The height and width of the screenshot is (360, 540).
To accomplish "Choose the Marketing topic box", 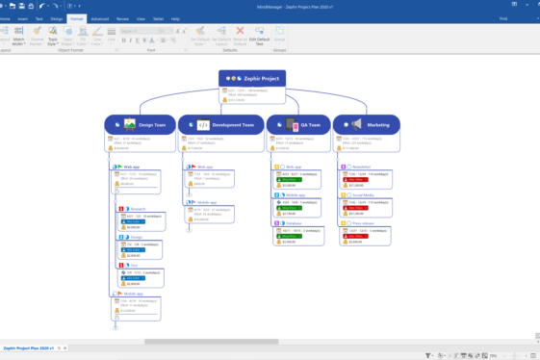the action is click(367, 124).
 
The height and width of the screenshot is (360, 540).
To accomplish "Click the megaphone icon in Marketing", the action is click(356, 124).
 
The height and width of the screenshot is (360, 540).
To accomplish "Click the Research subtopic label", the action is click(138, 209).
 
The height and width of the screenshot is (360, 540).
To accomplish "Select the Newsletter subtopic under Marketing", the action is click(359, 167).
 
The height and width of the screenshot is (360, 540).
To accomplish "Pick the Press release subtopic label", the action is click(361, 223).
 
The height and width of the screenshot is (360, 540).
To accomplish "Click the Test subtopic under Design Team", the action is click(134, 265).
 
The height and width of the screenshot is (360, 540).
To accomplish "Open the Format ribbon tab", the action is click(76, 18).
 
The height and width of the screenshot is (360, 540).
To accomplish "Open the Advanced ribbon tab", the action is click(100, 18).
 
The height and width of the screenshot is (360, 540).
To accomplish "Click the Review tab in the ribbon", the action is click(122, 18).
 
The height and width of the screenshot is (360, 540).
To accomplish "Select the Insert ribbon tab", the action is click(22, 18).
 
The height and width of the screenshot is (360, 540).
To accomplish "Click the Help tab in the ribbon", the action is click(175, 18).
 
